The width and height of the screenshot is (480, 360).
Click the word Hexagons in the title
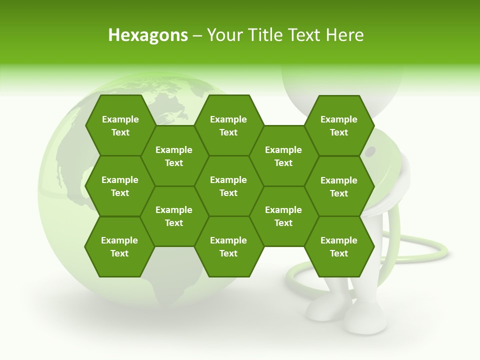tap(148, 35)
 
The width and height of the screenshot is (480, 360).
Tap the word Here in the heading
tap(344, 35)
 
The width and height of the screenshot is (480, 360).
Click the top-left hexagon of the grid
tap(120, 125)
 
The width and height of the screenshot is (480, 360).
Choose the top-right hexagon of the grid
tap(339, 125)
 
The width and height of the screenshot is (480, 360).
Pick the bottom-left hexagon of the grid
tap(119, 246)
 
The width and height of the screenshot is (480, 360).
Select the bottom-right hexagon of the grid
tap(339, 246)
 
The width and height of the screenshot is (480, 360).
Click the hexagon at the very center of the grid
tap(228, 186)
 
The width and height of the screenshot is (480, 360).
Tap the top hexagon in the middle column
tap(228, 125)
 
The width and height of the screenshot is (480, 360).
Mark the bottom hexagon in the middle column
tap(228, 246)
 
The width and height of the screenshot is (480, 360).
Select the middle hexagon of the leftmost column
tap(120, 186)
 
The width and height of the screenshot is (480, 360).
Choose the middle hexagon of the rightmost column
tap(339, 186)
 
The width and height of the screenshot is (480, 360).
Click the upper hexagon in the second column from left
tap(174, 156)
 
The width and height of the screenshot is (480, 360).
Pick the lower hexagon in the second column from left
tap(174, 216)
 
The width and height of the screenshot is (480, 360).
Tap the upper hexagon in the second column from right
tap(283, 156)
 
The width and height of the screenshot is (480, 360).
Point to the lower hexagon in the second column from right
tap(283, 216)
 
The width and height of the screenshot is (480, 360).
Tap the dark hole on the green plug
tap(370, 151)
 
